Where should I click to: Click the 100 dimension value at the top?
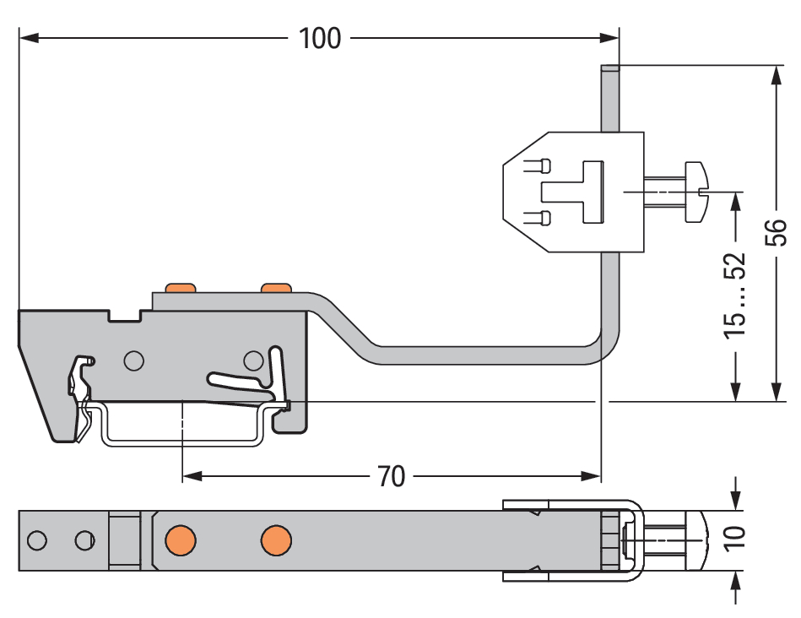point(319,38)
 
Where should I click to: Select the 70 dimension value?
point(392,476)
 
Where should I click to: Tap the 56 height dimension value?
point(776,232)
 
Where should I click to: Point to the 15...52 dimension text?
point(734,295)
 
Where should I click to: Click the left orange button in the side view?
point(180,288)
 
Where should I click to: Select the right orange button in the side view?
point(276,288)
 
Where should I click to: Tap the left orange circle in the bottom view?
point(181,540)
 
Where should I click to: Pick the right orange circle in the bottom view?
point(276,540)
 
